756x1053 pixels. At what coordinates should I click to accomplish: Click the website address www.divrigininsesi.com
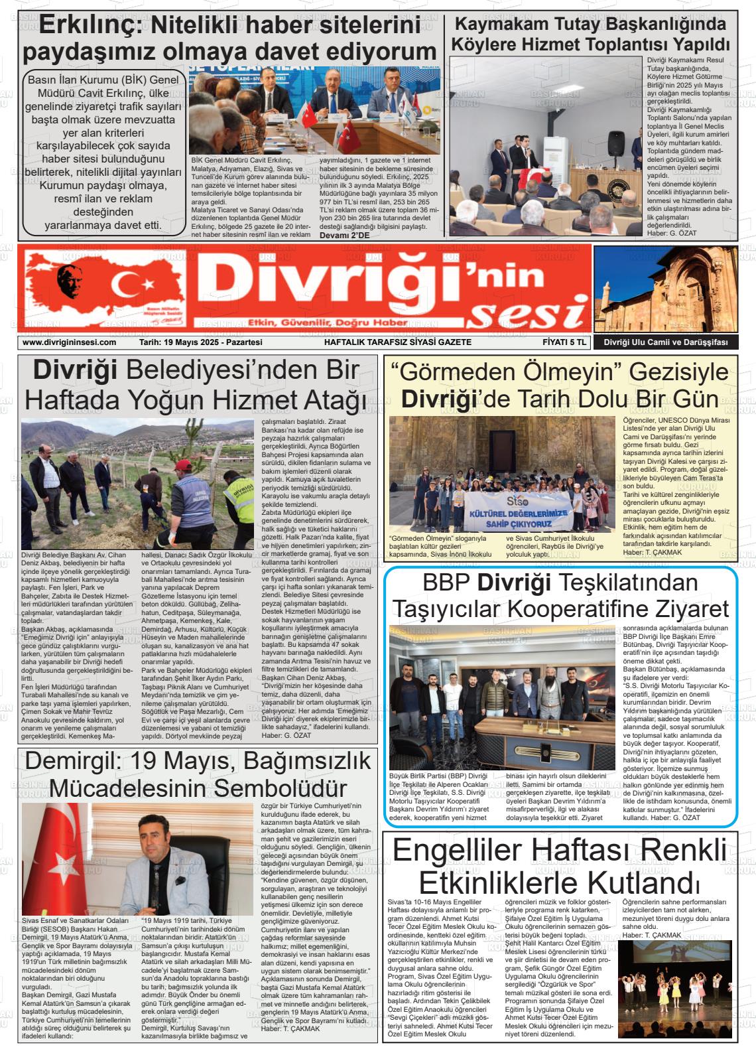pyautogui.click(x=69, y=342)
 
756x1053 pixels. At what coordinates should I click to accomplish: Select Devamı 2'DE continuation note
pyautogui.click(x=344, y=235)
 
